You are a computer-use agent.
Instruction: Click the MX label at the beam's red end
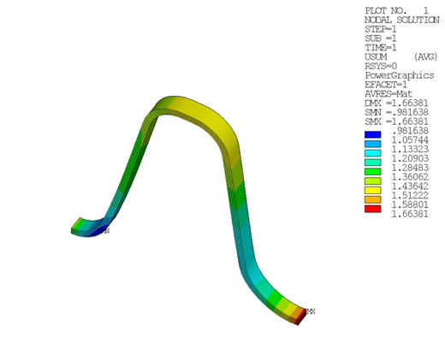311,311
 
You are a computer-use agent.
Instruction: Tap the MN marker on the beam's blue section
106,231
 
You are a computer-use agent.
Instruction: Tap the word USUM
377,56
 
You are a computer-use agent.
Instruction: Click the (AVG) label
425,56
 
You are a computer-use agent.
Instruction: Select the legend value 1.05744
411,140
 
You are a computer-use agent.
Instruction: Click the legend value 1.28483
411,168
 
